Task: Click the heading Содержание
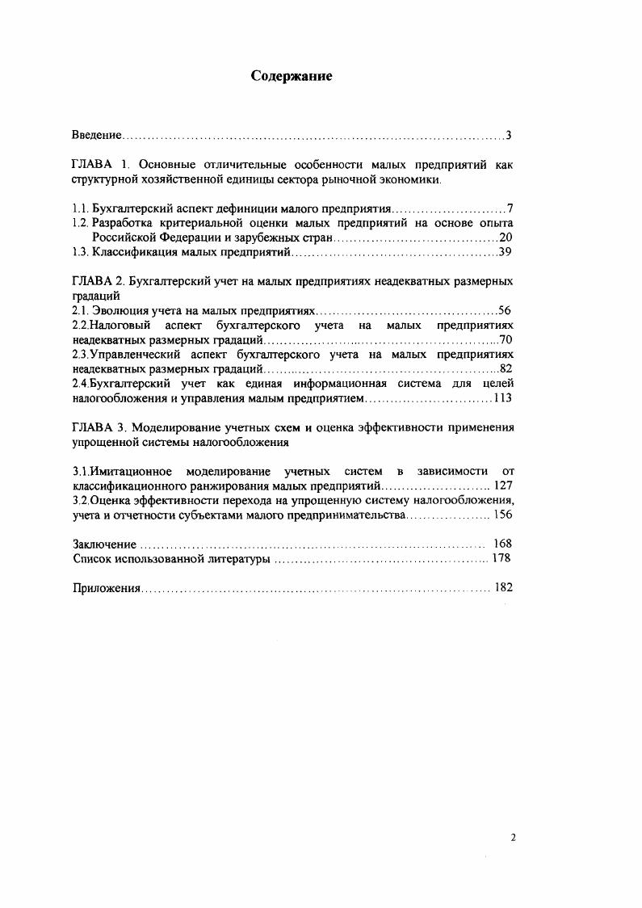292,76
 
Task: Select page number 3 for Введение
509,134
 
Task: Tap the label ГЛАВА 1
97,164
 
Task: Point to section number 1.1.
80,208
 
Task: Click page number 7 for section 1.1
510,208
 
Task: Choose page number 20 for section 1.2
506,238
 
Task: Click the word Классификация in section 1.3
133,252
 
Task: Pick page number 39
506,252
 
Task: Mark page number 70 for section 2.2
506,339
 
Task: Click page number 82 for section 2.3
506,368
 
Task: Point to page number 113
502,397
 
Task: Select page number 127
503,486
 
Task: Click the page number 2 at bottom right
513,839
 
